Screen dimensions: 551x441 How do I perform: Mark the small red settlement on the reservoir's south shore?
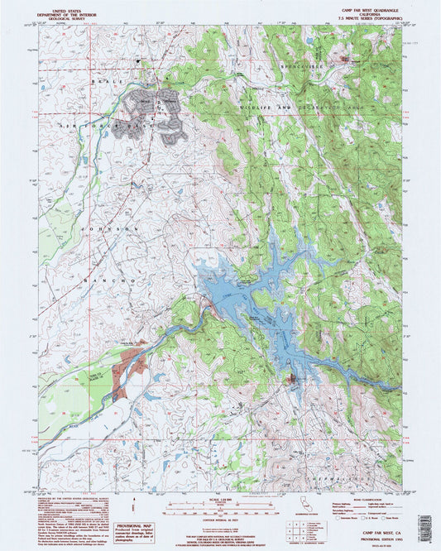pyautogui.click(x=292, y=380)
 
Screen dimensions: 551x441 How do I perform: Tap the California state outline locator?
pyautogui.click(x=299, y=507)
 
